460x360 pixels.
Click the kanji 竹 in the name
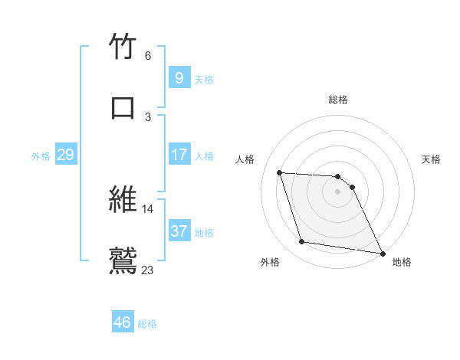[x=123, y=47]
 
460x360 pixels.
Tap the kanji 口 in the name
[x=123, y=107]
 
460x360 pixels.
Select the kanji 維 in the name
[x=123, y=199]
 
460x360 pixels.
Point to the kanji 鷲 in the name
[x=123, y=260]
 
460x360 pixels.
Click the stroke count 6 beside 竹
[x=148, y=56]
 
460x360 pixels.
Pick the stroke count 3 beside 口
[x=148, y=116]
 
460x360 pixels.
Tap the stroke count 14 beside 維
[x=148, y=208]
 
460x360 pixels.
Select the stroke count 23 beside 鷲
[x=148, y=269]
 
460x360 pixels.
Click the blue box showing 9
[x=179, y=77]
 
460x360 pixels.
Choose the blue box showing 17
[x=179, y=155]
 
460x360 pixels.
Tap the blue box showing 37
[x=179, y=231]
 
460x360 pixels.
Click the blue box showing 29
[x=65, y=155]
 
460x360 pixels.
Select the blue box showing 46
[x=123, y=322]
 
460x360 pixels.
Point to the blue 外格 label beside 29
[x=41, y=155]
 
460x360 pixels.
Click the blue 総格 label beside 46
[x=147, y=324]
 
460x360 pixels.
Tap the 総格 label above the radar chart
[x=338, y=100]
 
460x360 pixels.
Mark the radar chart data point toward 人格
[x=280, y=172]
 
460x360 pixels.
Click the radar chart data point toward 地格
[x=382, y=252]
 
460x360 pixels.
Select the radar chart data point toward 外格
[x=301, y=242]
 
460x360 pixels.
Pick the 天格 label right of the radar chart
[x=432, y=159]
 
